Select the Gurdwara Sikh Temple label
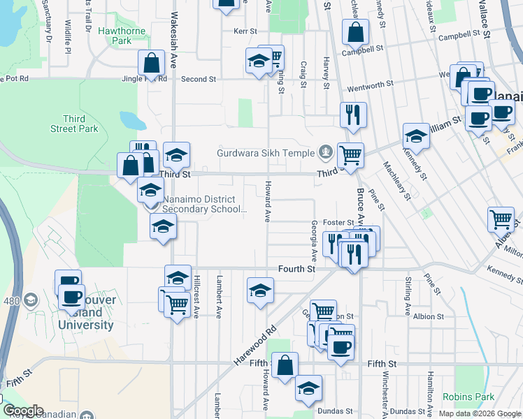tap(267, 152)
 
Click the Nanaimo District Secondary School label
tap(204, 203)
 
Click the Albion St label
tap(429, 316)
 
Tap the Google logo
tap(22, 411)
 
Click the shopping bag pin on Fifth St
tap(285, 365)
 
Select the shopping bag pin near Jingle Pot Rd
tap(152, 64)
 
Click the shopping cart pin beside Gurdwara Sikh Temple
tap(350, 155)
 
